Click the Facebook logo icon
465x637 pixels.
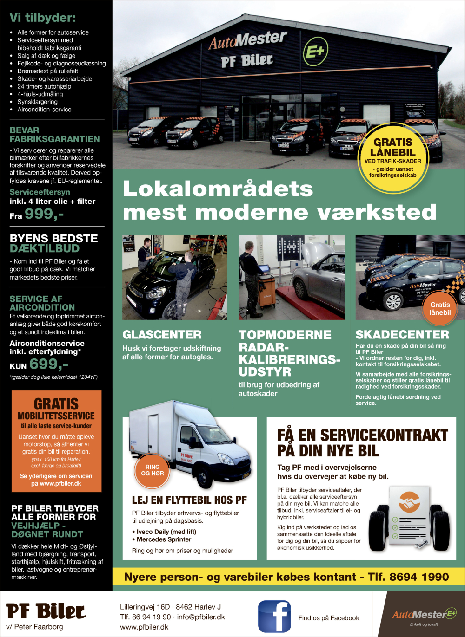[274, 617]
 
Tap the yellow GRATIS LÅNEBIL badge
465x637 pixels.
[393, 158]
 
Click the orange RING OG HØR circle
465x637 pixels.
[153, 470]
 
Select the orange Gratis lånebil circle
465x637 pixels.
[440, 308]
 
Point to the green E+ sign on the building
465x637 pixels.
[316, 52]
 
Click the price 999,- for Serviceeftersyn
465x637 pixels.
[44, 214]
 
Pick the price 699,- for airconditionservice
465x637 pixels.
[48, 364]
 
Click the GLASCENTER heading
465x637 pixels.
[162, 335]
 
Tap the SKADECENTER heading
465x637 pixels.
[402, 335]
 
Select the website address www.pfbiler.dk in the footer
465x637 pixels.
[144, 627]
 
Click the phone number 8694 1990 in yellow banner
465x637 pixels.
[419, 577]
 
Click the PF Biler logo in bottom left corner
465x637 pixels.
[46, 611]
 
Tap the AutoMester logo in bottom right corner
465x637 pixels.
[424, 615]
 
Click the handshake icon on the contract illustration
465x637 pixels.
[409, 502]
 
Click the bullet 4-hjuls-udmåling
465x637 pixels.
[40, 94]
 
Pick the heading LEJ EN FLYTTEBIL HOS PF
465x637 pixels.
[189, 500]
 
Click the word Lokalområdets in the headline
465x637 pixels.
[218, 189]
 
